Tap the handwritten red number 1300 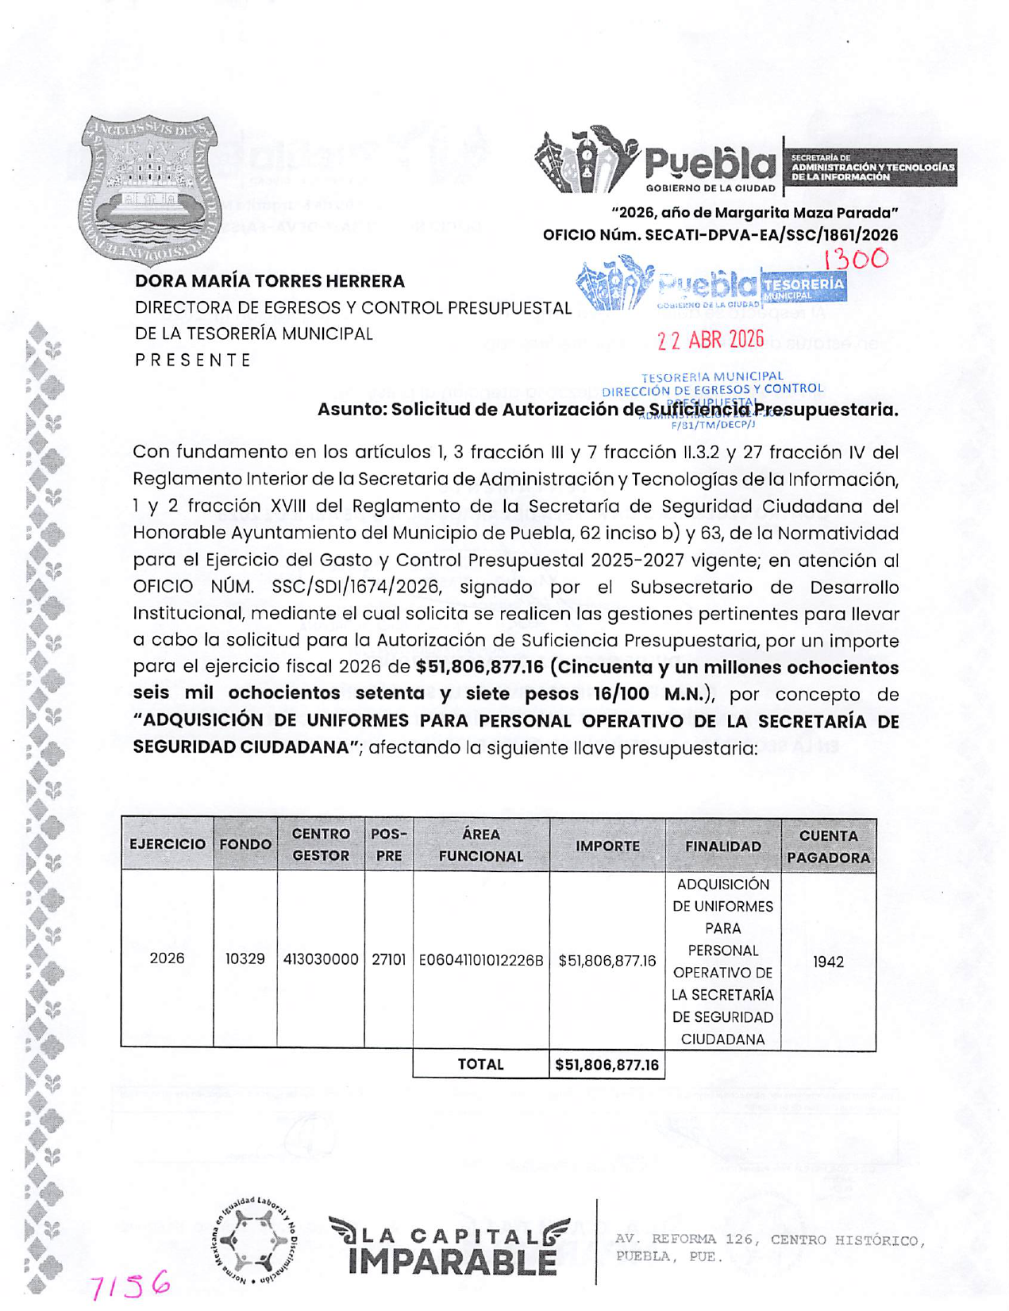[x=855, y=259]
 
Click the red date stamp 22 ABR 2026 [x=711, y=340]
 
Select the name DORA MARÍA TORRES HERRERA [x=270, y=281]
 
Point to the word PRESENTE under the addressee [x=193, y=360]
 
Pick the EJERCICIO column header [x=168, y=844]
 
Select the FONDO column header [x=245, y=844]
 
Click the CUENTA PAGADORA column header [x=828, y=846]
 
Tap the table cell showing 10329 [x=245, y=958]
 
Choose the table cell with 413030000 [x=321, y=959]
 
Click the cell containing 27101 [x=389, y=959]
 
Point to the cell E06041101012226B [x=481, y=960]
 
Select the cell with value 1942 [x=828, y=962]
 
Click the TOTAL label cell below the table [x=480, y=1064]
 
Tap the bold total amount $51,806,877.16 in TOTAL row [x=607, y=1065]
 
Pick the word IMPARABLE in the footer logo [x=452, y=1262]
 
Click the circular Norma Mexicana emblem [x=256, y=1239]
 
